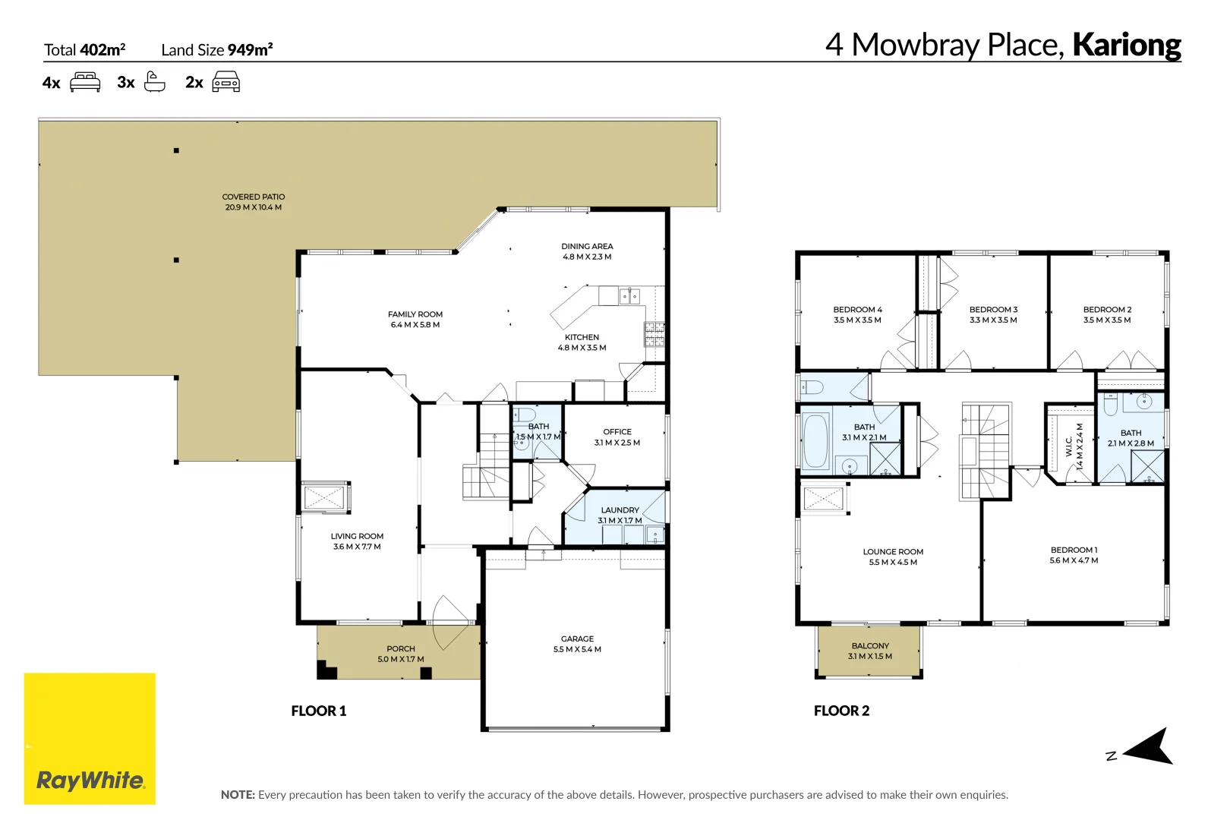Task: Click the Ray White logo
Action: tap(90, 738)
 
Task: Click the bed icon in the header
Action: tap(85, 82)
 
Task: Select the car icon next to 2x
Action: tap(225, 82)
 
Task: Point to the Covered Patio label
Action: tap(253, 197)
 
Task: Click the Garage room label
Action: tap(577, 639)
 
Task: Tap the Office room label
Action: tap(617, 431)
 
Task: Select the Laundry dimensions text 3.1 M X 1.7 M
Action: tap(620, 521)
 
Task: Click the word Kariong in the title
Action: tap(1126, 45)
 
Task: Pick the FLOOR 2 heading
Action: tap(841, 711)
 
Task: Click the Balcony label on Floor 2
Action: tap(870, 645)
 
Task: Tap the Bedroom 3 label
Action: tap(993, 309)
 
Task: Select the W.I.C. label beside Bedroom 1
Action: tap(1069, 446)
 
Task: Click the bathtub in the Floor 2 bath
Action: tap(816, 441)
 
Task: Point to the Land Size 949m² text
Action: tap(216, 50)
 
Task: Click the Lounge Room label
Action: tap(893, 551)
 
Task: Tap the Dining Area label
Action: tap(587, 246)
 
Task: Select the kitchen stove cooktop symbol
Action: tap(654, 334)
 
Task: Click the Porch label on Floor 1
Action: tap(400, 648)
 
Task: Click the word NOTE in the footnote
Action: tap(238, 795)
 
